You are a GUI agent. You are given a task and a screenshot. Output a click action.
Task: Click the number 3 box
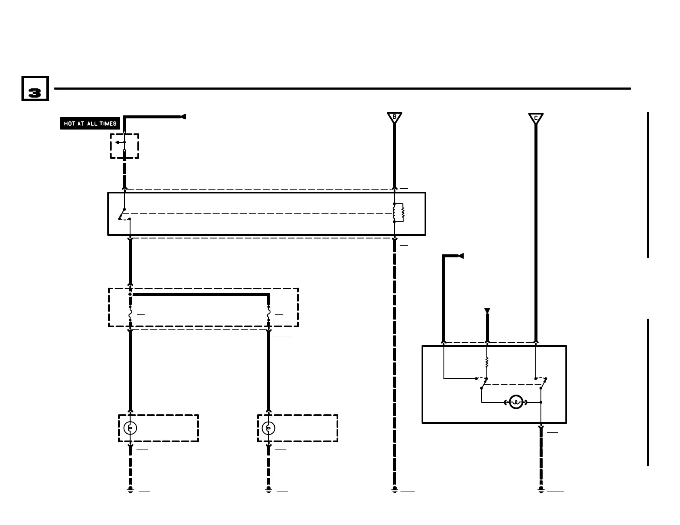tap(35, 89)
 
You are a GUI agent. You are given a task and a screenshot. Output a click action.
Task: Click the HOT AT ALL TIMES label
tap(90, 124)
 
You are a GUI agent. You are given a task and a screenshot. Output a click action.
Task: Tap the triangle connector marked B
tap(394, 117)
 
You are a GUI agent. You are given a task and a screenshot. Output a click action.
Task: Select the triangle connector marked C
tap(536, 118)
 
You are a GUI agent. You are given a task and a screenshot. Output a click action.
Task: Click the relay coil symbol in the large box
tap(399, 213)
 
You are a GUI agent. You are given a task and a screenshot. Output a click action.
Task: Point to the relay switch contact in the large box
tap(122, 214)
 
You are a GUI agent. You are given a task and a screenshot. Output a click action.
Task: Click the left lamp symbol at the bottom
tap(130, 428)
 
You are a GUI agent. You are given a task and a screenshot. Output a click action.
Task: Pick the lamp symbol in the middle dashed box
tap(268, 428)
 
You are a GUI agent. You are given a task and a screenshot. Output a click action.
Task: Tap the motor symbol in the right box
tap(516, 402)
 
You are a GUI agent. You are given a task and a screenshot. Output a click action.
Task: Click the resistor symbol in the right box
tap(487, 362)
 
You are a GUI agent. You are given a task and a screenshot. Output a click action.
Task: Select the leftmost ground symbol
tap(130, 489)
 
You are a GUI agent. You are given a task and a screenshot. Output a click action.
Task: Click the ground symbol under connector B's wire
tap(395, 489)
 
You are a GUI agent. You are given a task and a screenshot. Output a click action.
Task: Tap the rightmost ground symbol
tap(541, 489)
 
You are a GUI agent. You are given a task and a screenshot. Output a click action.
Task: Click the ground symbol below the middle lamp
tap(268, 489)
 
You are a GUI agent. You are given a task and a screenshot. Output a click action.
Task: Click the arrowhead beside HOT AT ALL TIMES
tap(183, 117)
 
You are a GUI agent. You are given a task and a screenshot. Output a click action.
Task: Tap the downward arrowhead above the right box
tap(487, 311)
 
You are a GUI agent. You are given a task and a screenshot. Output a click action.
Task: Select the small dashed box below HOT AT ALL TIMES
tap(124, 146)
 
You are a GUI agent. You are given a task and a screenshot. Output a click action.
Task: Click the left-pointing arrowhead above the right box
tap(461, 256)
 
